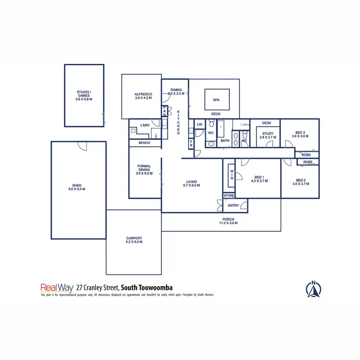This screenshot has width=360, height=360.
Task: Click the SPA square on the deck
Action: point(216,100)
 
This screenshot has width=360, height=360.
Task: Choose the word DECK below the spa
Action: point(216,114)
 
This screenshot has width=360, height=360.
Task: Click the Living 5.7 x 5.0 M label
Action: point(192,183)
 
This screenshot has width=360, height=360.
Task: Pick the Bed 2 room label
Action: point(300,181)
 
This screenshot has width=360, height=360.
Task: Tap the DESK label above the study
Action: point(267,123)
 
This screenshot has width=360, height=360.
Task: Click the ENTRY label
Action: point(233,205)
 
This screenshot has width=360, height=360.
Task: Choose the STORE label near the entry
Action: point(228,195)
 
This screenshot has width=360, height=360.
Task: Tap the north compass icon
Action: point(313,288)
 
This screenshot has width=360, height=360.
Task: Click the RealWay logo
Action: point(57,288)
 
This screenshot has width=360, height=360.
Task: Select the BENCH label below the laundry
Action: point(144,143)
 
